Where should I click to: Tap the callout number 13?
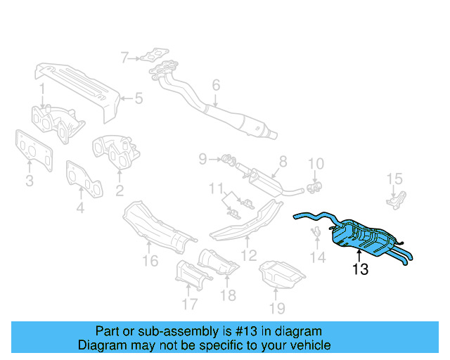[360, 269]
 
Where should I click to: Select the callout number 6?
[216, 85]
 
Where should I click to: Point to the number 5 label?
[139, 98]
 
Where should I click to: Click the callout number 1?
[42, 89]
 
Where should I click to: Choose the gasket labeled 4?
[84, 180]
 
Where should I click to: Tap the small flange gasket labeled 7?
[153, 55]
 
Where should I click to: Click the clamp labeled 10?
[316, 186]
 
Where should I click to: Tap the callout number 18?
[228, 295]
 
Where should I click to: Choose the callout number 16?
[149, 262]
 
